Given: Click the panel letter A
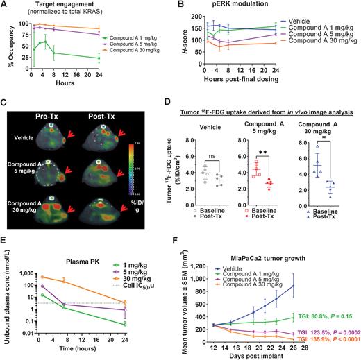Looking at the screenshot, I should click(6, 6).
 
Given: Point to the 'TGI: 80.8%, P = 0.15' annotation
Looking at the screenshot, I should click(322, 319).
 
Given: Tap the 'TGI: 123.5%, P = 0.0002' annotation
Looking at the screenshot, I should click(322, 333).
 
